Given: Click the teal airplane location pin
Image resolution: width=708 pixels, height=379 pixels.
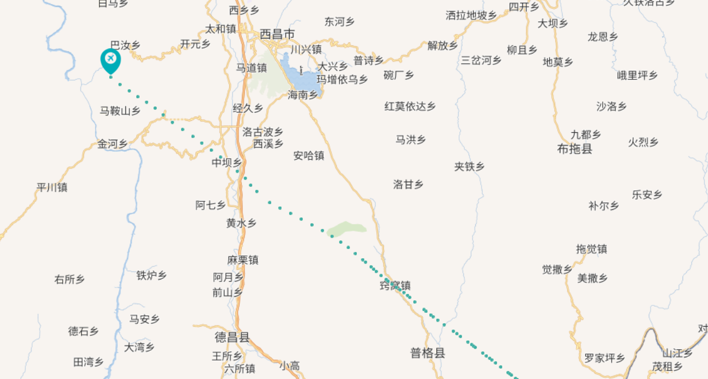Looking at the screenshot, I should (110, 59).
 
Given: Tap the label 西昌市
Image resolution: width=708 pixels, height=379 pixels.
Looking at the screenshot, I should (278, 35).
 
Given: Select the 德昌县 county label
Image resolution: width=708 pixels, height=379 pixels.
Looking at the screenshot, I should (232, 337).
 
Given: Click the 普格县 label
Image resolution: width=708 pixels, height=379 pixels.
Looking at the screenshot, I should (428, 353).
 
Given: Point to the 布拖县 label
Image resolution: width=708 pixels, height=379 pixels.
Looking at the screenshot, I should (575, 149).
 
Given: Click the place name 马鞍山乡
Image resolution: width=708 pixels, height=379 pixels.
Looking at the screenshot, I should (120, 111).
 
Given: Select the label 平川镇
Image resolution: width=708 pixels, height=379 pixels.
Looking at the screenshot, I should (52, 187).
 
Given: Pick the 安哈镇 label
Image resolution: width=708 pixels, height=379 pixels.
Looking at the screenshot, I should (309, 156).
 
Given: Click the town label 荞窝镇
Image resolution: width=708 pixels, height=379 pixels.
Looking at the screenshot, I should (395, 285).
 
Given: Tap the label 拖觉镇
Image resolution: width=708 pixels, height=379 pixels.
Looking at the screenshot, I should (591, 249).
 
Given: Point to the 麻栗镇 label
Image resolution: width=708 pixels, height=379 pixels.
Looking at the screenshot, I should (243, 260).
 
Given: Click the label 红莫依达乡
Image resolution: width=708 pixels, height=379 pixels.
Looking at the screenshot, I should (410, 106).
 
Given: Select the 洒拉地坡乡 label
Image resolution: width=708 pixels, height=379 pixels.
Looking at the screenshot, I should (471, 16).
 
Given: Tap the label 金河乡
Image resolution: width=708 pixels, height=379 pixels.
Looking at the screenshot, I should (112, 144).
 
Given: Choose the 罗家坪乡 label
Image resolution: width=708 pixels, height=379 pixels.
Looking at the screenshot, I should (604, 358).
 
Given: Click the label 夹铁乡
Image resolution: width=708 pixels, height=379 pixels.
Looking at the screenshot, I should (469, 167).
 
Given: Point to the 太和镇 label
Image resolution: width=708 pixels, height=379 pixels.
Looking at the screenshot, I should (221, 29).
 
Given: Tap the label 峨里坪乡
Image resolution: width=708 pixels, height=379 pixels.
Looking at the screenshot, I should (637, 75).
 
